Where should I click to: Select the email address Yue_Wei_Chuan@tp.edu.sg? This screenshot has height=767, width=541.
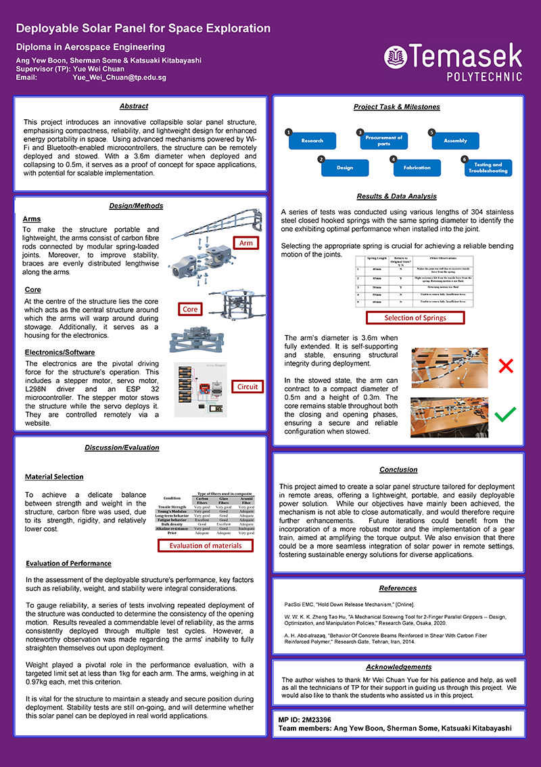click(119, 78)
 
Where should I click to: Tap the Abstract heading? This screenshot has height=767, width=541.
click(133, 106)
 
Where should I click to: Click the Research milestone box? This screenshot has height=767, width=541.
click(312, 140)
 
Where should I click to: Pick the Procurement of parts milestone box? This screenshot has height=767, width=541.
click(383, 140)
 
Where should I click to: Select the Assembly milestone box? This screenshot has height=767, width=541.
click(455, 140)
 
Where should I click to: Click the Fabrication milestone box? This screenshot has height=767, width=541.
click(417, 167)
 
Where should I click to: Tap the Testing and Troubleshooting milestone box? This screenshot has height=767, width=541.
click(488, 167)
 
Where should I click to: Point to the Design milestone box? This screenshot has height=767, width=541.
click(345, 167)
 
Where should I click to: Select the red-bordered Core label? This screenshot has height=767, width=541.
click(191, 309)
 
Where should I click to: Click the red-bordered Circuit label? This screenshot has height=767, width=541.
click(248, 387)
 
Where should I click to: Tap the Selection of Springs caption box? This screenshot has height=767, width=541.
click(415, 317)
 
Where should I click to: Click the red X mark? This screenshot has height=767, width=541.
click(505, 366)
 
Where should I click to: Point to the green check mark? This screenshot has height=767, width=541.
click(505, 414)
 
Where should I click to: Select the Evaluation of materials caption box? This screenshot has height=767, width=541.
click(206, 546)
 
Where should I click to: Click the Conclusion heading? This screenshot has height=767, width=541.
click(398, 469)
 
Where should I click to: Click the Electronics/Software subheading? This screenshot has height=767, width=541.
click(60, 352)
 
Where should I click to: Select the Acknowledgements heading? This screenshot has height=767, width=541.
click(398, 667)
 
